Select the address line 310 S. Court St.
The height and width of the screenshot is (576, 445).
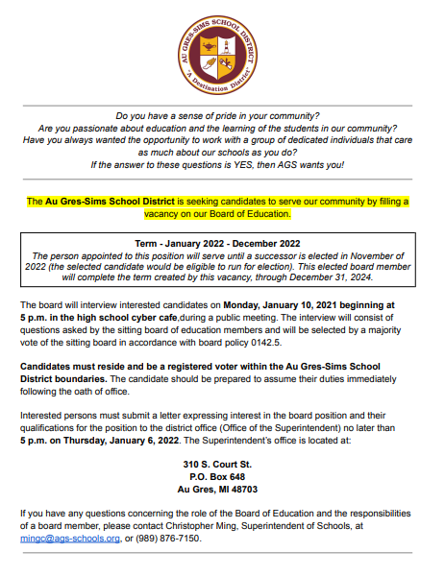pyautogui.click(x=222, y=463)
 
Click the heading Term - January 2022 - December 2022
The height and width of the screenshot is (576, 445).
pyautogui.click(x=222, y=243)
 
